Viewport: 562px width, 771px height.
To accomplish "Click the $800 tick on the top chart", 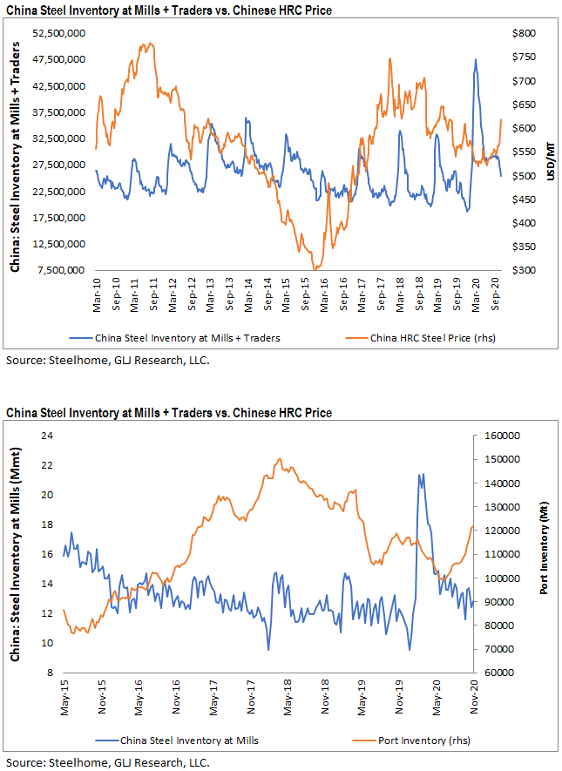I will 523,33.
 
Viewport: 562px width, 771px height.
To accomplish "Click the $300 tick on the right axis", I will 523,270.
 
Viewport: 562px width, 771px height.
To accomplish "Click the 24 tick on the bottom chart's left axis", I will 48,436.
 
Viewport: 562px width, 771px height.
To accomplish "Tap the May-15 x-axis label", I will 65,693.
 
